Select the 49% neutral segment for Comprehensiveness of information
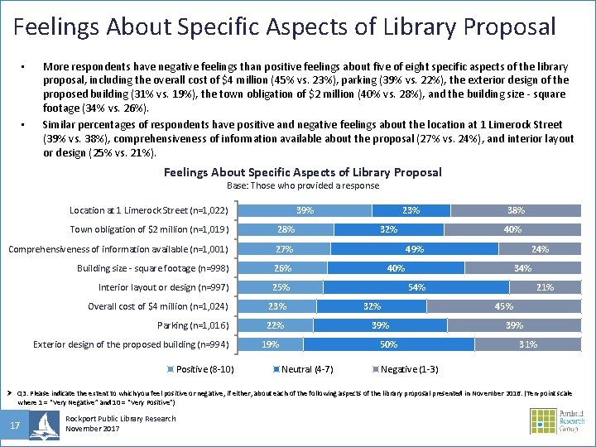pos(414,248)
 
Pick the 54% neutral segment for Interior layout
pos(418,287)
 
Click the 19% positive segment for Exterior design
pos(272,344)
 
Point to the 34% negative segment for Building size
pos(522,267)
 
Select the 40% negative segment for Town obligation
pos(512,229)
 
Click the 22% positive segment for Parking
pos(276,325)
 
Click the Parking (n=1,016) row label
pos(196,325)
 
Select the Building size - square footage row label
pos(155,267)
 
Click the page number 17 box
pos(16,425)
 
